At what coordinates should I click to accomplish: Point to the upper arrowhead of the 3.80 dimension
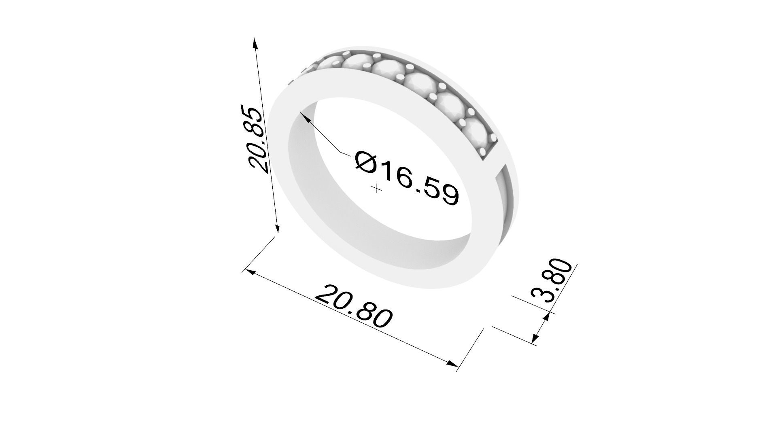pos(547,317)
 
